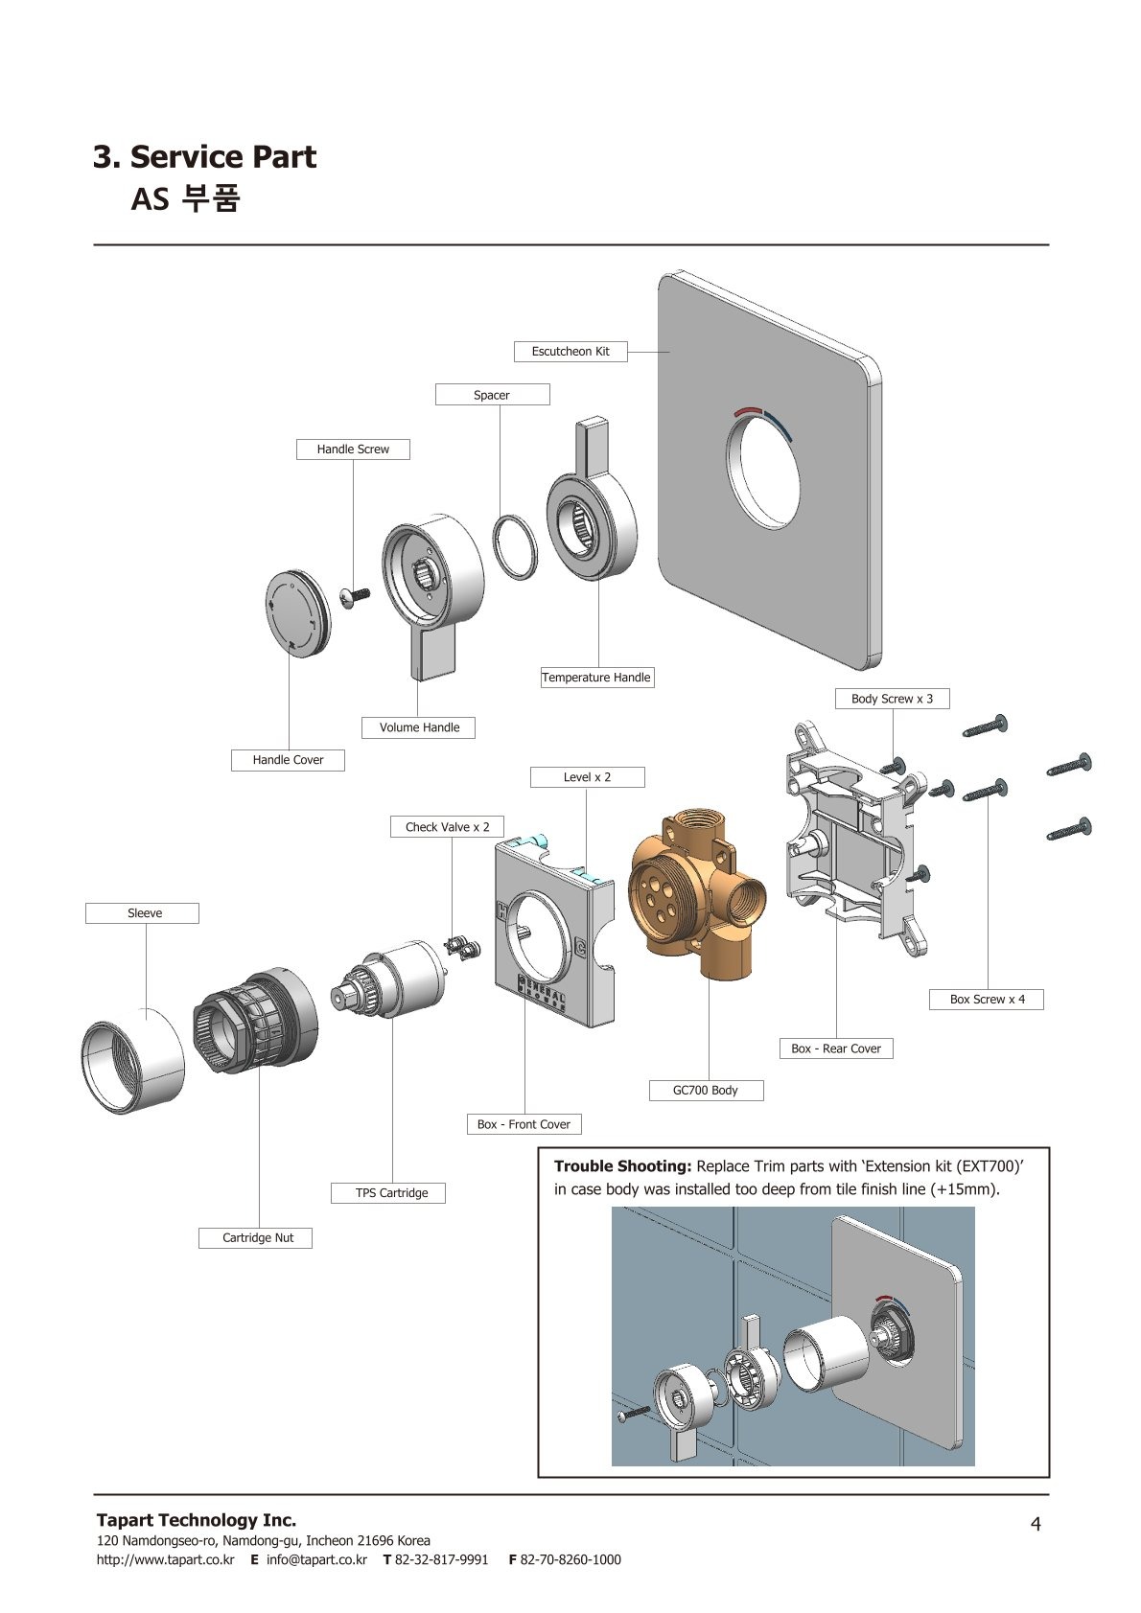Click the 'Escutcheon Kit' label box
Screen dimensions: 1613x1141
coord(570,352)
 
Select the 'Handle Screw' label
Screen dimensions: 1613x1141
coord(353,449)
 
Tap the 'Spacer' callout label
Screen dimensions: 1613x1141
coord(492,395)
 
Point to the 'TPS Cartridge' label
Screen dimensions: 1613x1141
coord(391,1193)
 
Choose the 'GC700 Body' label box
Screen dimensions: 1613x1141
coord(706,1091)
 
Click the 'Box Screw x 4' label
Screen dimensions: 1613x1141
coord(987,1000)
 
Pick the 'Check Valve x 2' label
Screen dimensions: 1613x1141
coord(447,827)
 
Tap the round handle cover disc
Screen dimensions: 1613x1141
coord(291,613)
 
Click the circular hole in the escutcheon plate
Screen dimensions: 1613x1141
coord(762,472)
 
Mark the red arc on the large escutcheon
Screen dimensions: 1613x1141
coord(747,411)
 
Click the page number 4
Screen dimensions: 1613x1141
coord(1035,1524)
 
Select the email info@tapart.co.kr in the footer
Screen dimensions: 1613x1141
coord(315,1559)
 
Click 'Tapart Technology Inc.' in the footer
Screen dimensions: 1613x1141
coord(197,1520)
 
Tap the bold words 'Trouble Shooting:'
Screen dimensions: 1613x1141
coord(622,1166)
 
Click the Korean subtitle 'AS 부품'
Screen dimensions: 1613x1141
coord(185,198)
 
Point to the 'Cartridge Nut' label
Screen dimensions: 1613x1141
coord(258,1238)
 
